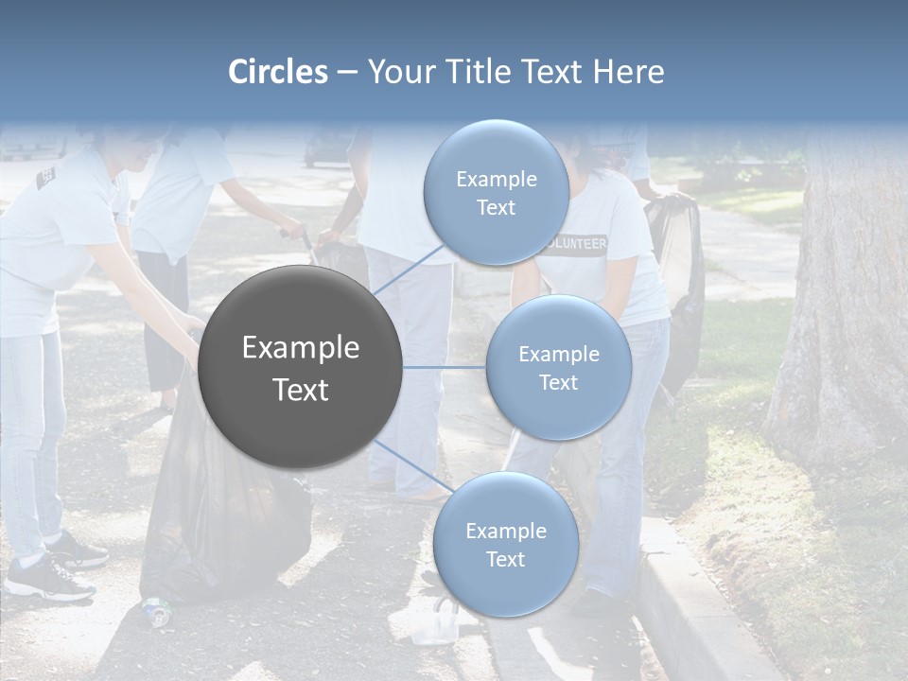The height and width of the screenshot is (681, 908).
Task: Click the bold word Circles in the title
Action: click(x=278, y=72)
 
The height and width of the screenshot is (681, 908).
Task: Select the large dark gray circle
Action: click(x=301, y=367)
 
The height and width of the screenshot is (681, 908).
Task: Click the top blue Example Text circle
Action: click(x=496, y=192)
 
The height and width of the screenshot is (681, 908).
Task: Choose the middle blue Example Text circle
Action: click(x=558, y=367)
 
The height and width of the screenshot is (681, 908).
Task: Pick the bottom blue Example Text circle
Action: click(x=505, y=544)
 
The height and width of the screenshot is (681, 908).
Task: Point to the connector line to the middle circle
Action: click(x=445, y=367)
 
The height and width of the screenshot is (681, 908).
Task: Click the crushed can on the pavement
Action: click(x=156, y=612)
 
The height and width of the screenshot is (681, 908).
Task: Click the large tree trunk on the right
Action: click(x=842, y=312)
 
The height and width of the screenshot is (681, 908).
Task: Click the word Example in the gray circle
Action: click(x=301, y=348)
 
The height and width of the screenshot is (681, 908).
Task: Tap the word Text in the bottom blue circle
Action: click(x=505, y=559)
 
